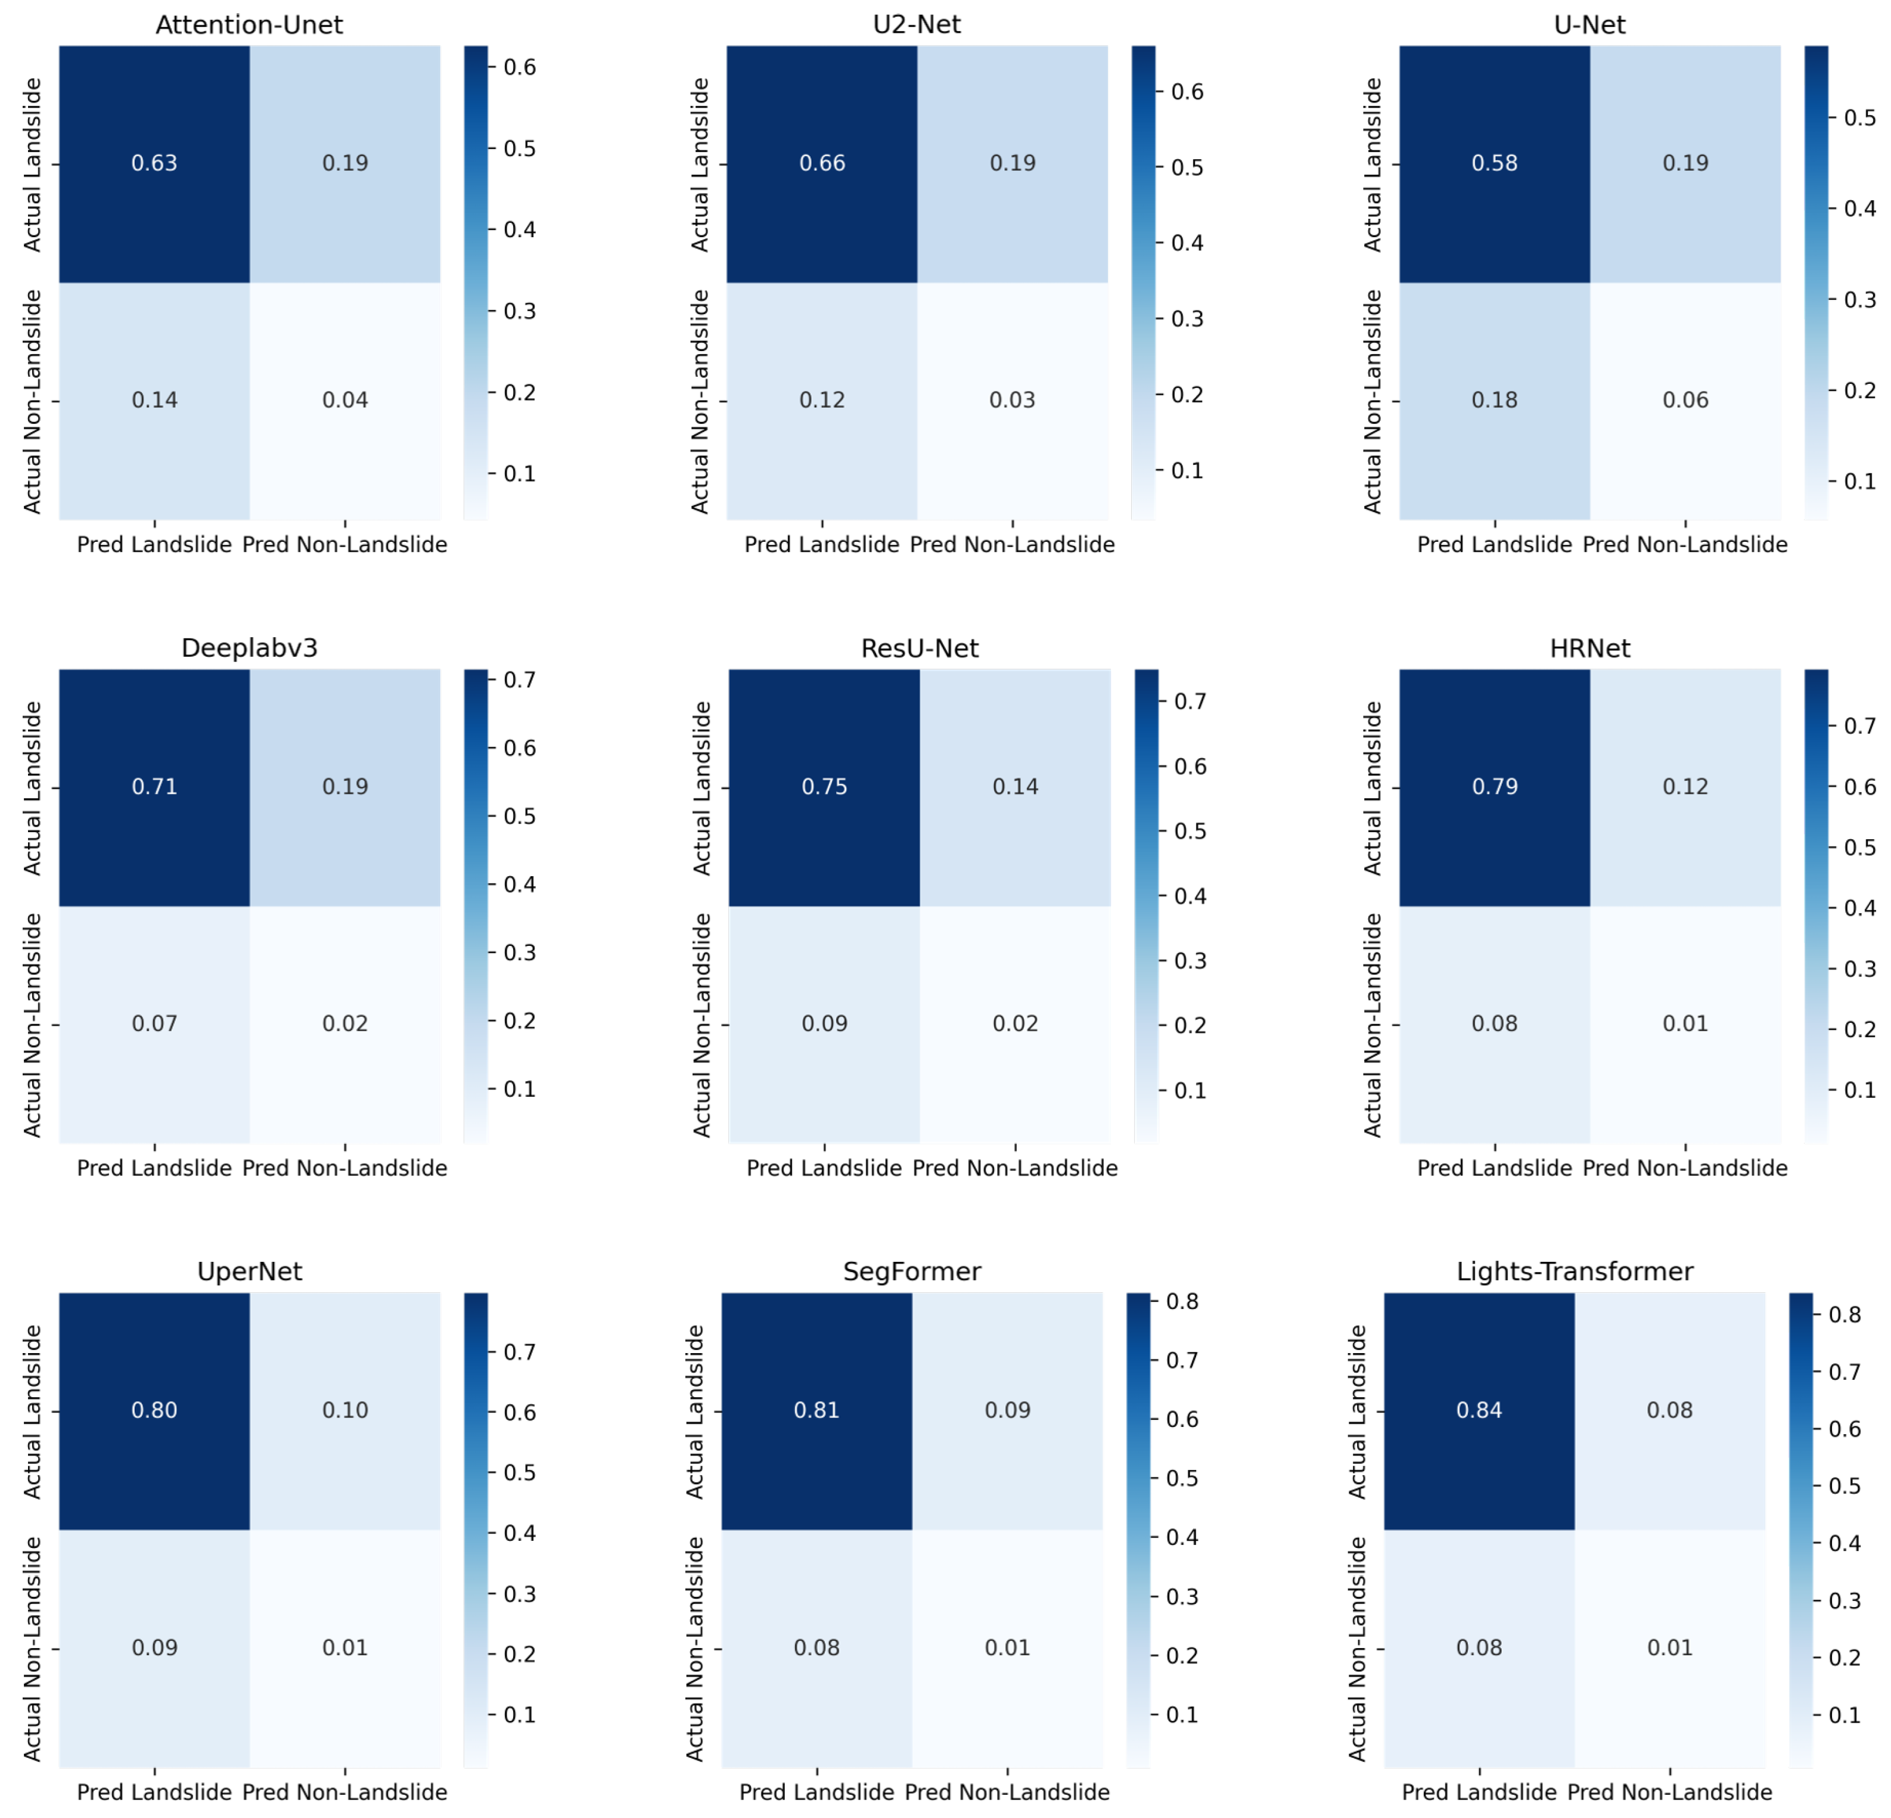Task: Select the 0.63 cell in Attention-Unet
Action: point(154,163)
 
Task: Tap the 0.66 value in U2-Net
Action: point(822,163)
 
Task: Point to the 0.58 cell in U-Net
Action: point(1495,163)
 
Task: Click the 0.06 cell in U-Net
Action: point(1685,401)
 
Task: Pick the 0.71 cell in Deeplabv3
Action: point(154,786)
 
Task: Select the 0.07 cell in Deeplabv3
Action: point(154,1024)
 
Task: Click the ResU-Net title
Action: point(920,649)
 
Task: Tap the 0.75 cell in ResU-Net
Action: point(824,786)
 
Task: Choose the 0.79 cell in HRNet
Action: point(1495,786)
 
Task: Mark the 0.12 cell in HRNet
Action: point(1685,786)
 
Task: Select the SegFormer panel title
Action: point(912,1272)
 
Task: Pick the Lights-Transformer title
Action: point(1575,1272)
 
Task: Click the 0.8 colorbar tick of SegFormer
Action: point(1182,1302)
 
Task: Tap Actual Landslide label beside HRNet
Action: point(1372,789)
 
